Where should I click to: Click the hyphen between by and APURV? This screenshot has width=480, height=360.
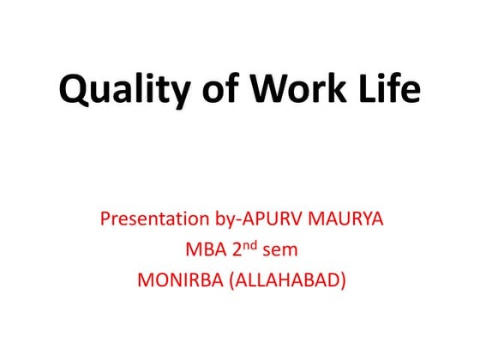pos(233,221)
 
